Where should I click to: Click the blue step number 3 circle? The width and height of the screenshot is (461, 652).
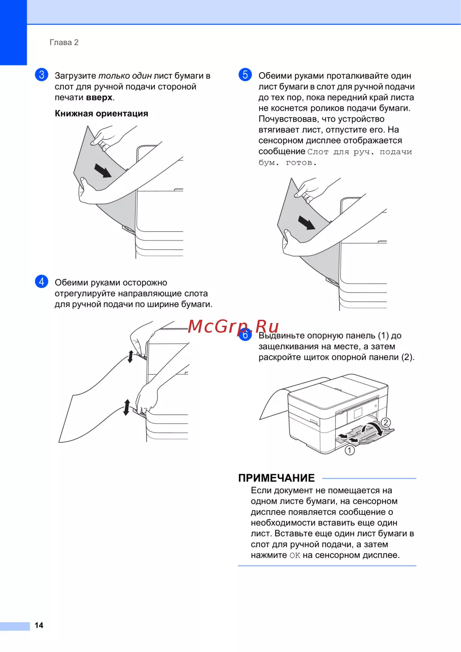[x=41, y=75]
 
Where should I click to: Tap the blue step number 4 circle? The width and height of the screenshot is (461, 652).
[x=41, y=282]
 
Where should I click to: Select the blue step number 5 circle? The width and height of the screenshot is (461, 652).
[x=245, y=75]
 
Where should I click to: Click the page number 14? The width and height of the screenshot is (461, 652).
[x=39, y=625]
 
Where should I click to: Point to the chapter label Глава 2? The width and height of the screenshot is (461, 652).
[x=64, y=42]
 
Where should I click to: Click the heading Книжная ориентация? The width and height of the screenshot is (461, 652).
[x=101, y=113]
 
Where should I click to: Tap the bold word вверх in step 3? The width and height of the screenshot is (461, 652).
[x=99, y=97]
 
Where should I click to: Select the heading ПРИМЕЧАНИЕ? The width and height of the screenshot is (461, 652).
[x=276, y=478]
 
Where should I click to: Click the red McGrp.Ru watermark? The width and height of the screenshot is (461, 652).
[x=233, y=326]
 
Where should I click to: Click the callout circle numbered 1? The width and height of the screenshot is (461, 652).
[x=349, y=451]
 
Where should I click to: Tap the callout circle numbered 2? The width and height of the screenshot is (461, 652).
[x=385, y=423]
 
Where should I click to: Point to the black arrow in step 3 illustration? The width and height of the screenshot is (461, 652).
[x=103, y=170]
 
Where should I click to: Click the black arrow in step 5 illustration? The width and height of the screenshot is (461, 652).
[x=307, y=223]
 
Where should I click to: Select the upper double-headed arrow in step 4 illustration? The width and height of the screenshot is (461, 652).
[x=130, y=357]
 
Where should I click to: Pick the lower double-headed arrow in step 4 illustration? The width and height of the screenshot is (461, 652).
[x=126, y=407]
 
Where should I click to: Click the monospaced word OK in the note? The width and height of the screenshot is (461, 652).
[x=295, y=556]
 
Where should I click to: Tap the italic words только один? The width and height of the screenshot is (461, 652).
[x=125, y=76]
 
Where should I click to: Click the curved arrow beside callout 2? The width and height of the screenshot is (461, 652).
[x=372, y=429]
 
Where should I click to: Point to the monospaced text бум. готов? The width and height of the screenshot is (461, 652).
[x=288, y=162]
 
